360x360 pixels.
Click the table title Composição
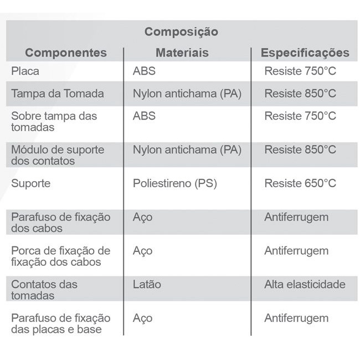click(x=181, y=32)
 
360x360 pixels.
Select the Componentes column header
click(x=66, y=53)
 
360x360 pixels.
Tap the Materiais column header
click(x=182, y=53)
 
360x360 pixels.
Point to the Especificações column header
click(x=305, y=53)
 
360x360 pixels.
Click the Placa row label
click(x=25, y=71)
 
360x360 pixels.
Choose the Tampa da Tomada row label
click(x=58, y=94)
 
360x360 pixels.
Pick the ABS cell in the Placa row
click(x=144, y=71)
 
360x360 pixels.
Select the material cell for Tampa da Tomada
click(x=187, y=94)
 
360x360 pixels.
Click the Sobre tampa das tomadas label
click(x=54, y=121)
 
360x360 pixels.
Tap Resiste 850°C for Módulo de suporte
click(x=300, y=150)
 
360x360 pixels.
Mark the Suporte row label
click(x=30, y=183)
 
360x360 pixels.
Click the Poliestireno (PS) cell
click(x=174, y=183)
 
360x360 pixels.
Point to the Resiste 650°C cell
click(x=300, y=183)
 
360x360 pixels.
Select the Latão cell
click(x=147, y=284)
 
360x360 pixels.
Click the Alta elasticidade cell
click(x=305, y=284)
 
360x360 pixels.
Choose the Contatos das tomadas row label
click(x=44, y=290)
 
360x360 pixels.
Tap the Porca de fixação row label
click(x=60, y=256)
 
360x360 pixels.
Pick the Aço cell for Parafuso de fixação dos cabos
click(x=142, y=217)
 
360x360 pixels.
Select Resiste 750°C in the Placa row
click(x=300, y=71)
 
